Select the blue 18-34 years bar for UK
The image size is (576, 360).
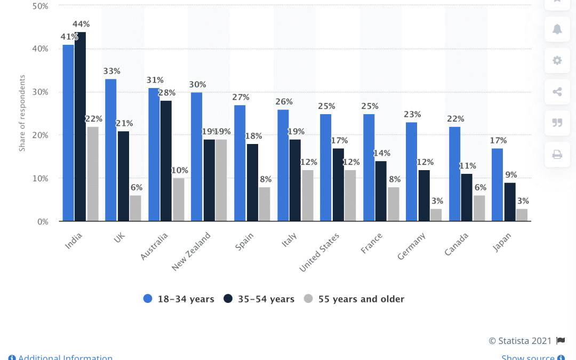click(x=110, y=150)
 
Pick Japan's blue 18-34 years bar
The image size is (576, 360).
click(x=497, y=185)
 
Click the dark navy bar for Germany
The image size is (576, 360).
click(x=424, y=195)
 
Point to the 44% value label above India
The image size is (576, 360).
click(x=82, y=24)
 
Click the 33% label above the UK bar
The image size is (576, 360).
click(x=112, y=71)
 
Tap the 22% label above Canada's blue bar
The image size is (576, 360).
click(x=455, y=118)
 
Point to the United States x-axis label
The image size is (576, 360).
click(x=319, y=253)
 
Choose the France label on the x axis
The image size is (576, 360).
click(x=371, y=243)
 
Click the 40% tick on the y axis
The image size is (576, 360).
click(x=41, y=49)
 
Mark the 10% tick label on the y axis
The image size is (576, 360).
click(x=41, y=178)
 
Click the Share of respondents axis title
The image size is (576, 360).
click(x=22, y=113)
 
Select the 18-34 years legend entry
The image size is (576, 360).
click(x=179, y=299)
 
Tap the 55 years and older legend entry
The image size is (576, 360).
click(x=354, y=299)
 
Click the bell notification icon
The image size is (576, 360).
click(x=557, y=29)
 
